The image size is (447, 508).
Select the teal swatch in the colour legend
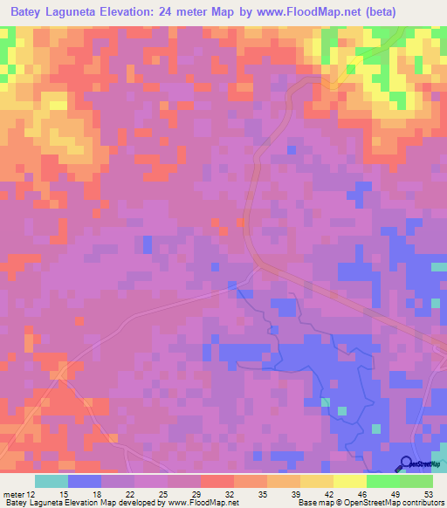click(x=52, y=481)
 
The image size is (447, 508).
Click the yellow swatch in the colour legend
click(x=349, y=481)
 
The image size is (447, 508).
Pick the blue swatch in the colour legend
click(x=85, y=481)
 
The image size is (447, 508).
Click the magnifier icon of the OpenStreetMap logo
click(x=406, y=463)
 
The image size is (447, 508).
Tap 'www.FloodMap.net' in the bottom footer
click(x=189, y=503)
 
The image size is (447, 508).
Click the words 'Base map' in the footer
click(x=313, y=503)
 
